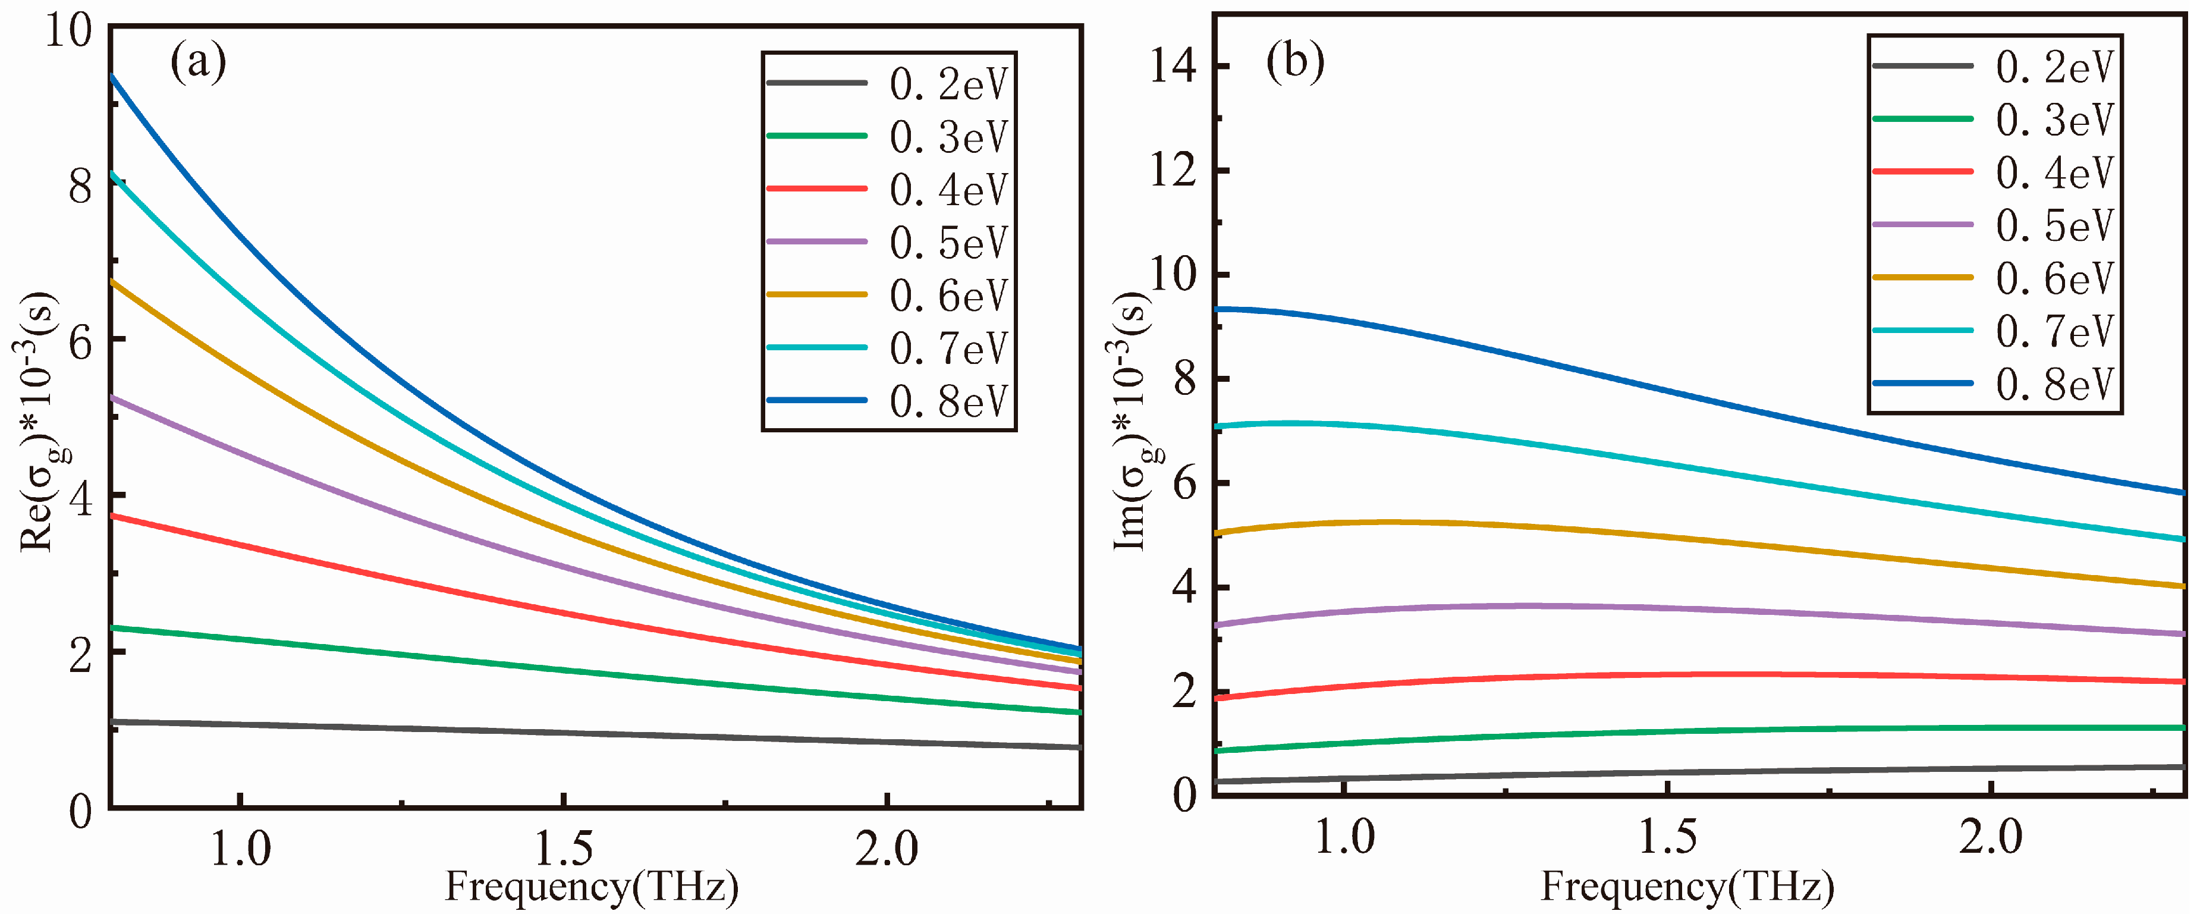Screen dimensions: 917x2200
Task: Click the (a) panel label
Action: (x=198, y=62)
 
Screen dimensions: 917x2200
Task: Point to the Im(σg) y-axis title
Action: (x=1132, y=423)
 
